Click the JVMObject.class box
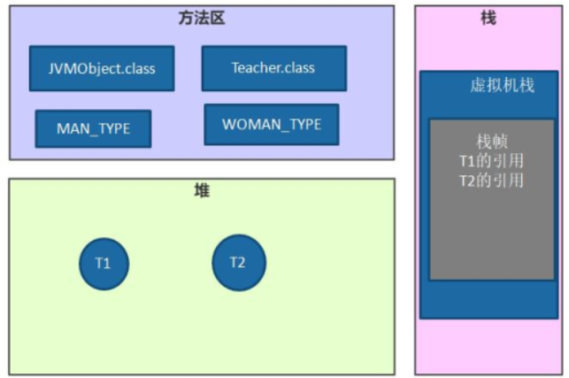(x=101, y=68)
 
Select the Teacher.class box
(x=273, y=68)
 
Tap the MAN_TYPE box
(x=93, y=128)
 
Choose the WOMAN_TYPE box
(x=271, y=125)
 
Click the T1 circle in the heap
(x=104, y=263)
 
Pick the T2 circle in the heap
(x=238, y=262)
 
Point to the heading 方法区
(x=201, y=18)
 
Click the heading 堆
(x=202, y=190)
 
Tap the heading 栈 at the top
(x=488, y=18)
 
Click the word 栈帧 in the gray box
(x=491, y=142)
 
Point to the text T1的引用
(x=491, y=161)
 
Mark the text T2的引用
(x=491, y=181)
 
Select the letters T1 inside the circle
(x=104, y=263)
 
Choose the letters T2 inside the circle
(x=238, y=262)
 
